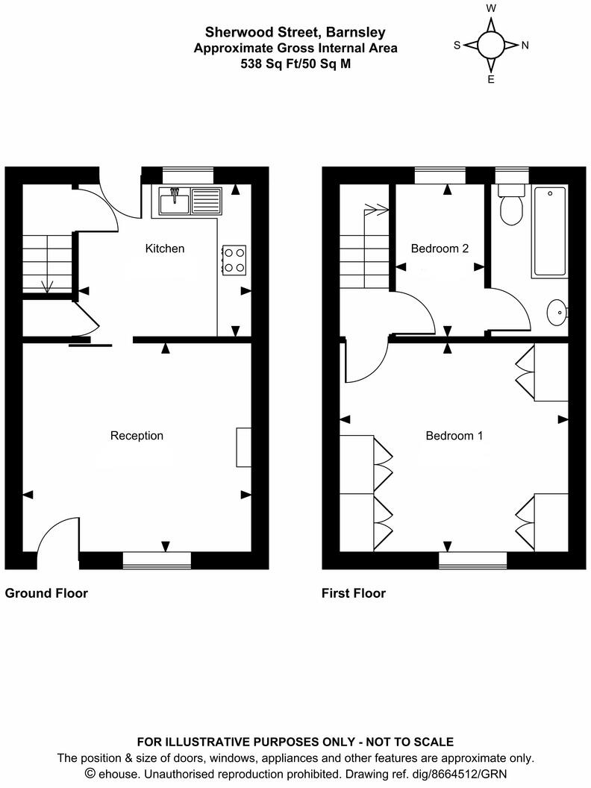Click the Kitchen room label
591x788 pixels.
click(x=164, y=248)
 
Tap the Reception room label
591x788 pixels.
click(x=137, y=436)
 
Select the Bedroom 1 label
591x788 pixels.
click(x=454, y=436)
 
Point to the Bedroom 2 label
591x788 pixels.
click(x=440, y=248)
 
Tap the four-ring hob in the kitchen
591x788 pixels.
click(x=234, y=259)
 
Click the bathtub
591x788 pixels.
click(x=549, y=231)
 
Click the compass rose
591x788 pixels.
click(x=491, y=45)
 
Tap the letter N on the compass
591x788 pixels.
click(x=525, y=46)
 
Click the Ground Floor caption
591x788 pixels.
click(x=46, y=594)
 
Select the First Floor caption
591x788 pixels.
click(x=354, y=594)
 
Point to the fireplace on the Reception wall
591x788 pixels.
click(x=243, y=447)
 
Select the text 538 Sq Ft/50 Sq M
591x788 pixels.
click(x=295, y=63)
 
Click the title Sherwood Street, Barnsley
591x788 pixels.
click(x=295, y=32)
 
